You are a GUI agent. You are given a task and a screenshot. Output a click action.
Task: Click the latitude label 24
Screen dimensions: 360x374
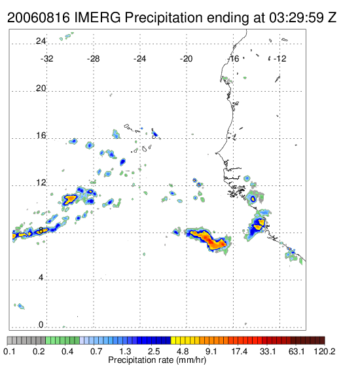41,41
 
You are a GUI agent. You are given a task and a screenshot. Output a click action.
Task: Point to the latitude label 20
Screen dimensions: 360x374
41,88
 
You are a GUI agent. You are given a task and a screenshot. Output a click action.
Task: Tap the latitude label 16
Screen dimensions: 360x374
41,136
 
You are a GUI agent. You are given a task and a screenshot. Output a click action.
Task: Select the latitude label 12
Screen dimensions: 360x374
41,183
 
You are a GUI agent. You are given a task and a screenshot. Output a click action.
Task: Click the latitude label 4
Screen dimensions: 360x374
41,278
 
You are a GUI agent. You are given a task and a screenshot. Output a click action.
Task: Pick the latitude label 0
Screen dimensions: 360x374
41,325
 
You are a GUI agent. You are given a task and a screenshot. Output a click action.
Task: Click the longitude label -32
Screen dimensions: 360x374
46,59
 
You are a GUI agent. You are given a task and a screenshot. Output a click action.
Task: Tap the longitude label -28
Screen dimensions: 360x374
93,59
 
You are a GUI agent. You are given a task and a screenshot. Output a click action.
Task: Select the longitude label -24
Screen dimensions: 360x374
139,59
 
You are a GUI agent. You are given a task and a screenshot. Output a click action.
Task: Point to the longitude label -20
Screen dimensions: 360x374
186,59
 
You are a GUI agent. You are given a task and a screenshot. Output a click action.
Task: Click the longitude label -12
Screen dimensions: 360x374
279,59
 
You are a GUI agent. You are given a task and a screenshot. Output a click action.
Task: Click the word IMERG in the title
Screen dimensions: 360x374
98,18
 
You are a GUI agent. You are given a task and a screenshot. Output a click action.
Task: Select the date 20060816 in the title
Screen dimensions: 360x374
39,18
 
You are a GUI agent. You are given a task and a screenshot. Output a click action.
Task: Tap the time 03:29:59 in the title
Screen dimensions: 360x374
297,18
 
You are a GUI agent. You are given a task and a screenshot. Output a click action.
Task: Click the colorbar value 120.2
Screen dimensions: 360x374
325,352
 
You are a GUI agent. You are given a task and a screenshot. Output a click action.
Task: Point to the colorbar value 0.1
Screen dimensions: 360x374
9,352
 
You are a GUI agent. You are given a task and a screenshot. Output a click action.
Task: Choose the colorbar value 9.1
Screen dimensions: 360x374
211,352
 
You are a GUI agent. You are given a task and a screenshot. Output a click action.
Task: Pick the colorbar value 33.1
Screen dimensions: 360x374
268,352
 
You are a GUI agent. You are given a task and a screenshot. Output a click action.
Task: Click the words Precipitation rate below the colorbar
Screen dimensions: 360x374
141,360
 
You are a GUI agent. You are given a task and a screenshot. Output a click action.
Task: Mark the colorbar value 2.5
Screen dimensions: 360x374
154,352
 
